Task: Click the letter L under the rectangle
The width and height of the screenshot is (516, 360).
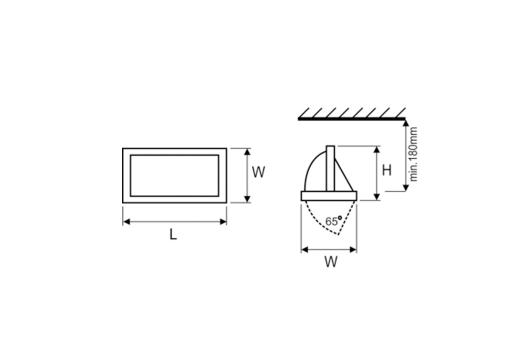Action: (173, 235)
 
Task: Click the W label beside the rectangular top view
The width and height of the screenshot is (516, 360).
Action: (258, 172)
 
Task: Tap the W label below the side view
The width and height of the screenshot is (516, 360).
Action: (331, 262)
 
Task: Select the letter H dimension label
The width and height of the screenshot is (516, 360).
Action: (387, 170)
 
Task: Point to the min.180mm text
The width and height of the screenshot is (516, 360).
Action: (413, 154)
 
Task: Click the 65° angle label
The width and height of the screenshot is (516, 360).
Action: (334, 221)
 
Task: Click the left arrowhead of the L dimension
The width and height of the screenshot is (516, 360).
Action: (127, 222)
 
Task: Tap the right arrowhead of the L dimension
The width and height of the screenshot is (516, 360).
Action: (223, 222)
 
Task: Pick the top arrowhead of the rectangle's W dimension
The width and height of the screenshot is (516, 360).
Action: (247, 152)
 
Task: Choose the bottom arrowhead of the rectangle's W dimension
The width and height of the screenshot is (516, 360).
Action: (247, 199)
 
